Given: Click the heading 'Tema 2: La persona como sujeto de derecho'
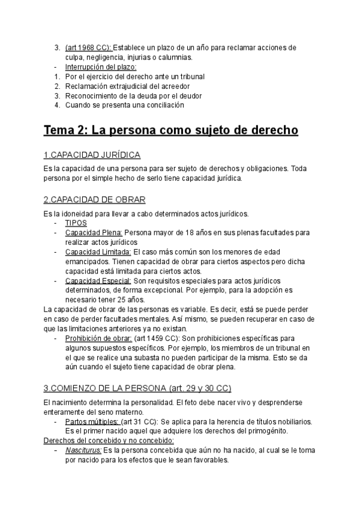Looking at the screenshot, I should [170, 131].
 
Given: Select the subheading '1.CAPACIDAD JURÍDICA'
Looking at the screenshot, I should [93, 155].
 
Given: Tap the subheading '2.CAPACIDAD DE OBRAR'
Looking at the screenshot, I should [94, 200].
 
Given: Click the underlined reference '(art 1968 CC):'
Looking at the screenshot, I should [88, 47].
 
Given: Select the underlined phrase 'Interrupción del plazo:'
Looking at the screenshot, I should [101, 67].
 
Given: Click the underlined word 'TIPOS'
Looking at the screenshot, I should [76, 222].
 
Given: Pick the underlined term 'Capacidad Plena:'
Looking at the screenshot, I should [94, 232].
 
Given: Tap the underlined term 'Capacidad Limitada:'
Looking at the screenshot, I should [98, 251].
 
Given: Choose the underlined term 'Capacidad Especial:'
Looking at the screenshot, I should [98, 280].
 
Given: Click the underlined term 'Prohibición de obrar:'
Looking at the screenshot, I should [99, 338].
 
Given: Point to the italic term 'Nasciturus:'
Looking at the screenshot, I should [83, 450].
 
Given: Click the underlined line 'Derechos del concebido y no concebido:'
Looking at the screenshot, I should [109, 441].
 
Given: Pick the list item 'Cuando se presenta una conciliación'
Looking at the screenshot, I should [125, 105].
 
